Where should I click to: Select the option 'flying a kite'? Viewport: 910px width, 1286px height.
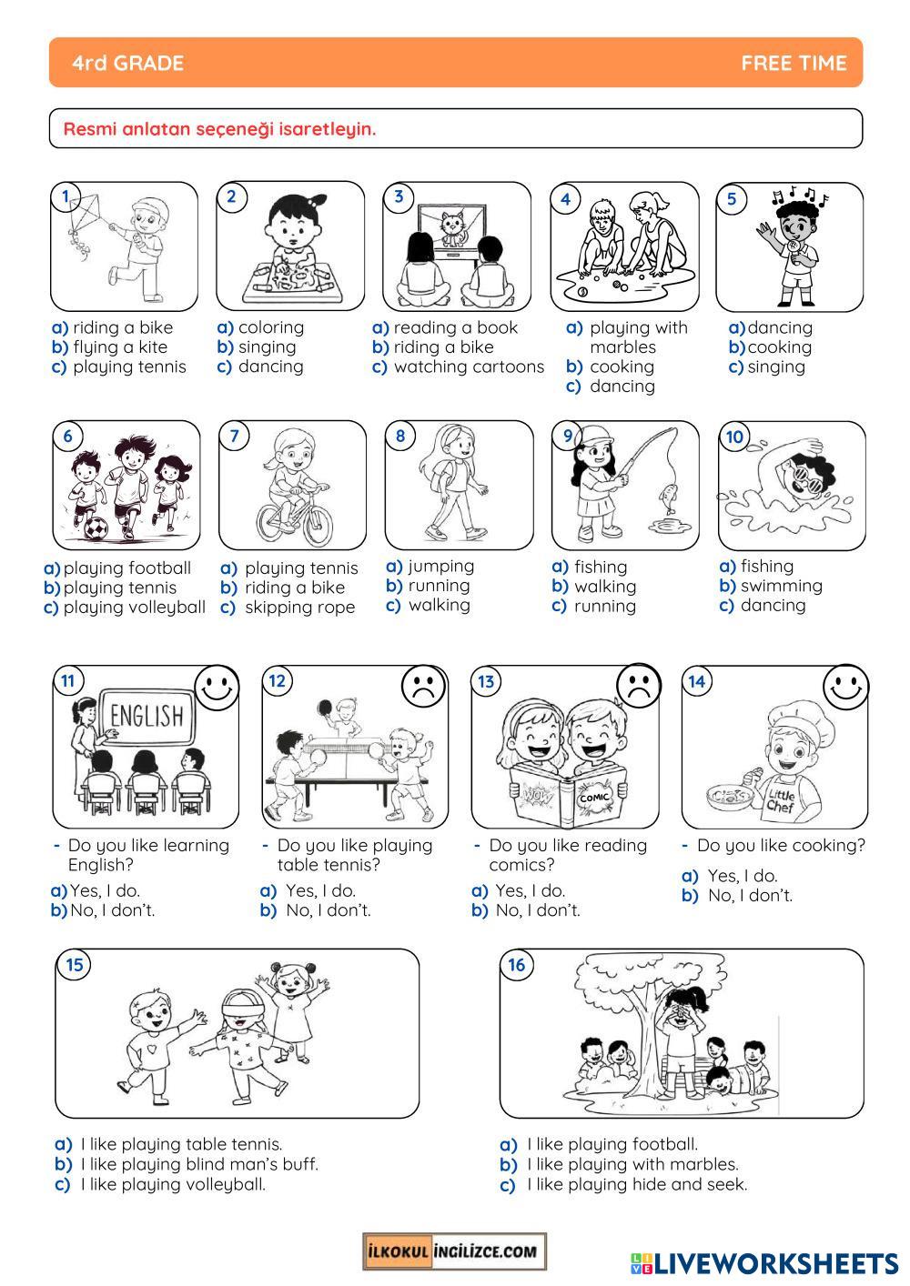[120, 347]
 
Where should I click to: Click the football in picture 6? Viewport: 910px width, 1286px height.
[96, 527]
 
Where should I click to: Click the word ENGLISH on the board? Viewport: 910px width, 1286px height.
[147, 716]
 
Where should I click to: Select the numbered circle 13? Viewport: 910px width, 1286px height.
[486, 682]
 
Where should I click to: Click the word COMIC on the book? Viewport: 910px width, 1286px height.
[593, 798]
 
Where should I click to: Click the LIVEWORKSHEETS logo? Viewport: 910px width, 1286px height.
[764, 1263]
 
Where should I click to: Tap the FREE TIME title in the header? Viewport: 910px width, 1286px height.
[794, 63]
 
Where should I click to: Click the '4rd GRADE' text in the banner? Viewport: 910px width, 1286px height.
[127, 63]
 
